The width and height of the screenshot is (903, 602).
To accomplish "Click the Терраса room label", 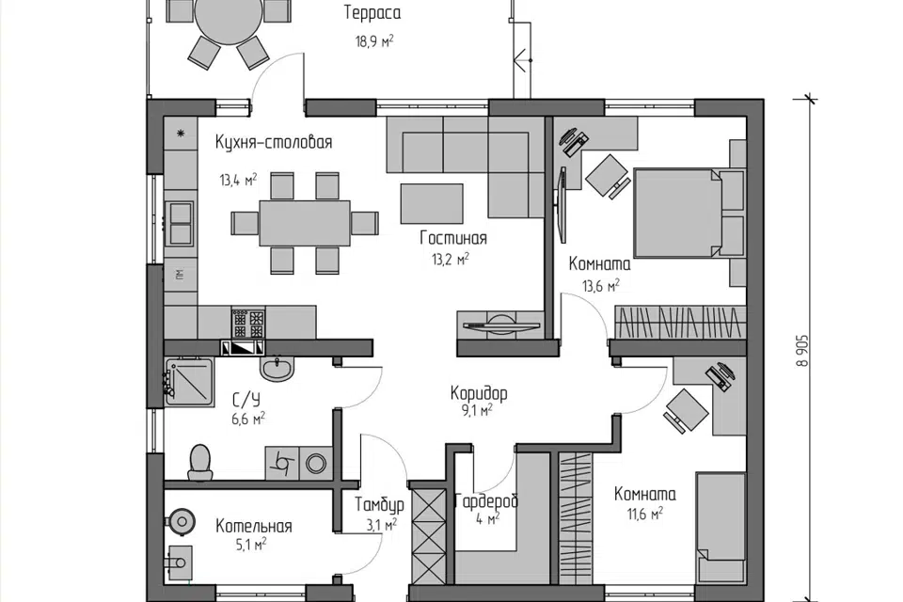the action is click(x=372, y=13).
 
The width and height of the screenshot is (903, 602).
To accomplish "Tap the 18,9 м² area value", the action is click(x=374, y=40).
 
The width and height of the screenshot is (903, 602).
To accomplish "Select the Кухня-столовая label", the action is click(x=274, y=142).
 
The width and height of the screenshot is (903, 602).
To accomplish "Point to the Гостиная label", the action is click(x=453, y=238).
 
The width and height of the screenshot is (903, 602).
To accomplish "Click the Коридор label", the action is click(x=479, y=393).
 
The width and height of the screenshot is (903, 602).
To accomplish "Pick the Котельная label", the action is click(x=254, y=526).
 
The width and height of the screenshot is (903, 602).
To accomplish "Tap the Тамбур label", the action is click(x=379, y=505).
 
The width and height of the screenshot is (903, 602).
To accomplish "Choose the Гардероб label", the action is click(x=486, y=501).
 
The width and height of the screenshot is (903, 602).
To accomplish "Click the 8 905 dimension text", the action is click(x=802, y=351).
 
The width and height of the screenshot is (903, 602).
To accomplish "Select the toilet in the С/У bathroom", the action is click(x=199, y=462).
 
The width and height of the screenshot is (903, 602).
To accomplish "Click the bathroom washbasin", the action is click(x=277, y=368).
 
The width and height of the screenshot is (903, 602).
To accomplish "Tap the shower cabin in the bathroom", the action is click(x=189, y=381).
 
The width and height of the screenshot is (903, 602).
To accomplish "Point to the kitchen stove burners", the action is click(x=248, y=324).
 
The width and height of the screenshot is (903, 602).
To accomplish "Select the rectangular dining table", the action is click(x=305, y=223).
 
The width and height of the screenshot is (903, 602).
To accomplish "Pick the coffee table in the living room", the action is click(x=432, y=203).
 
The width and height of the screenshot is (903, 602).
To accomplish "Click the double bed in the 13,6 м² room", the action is click(x=678, y=213).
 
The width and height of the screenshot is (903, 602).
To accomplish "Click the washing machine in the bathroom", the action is click(x=316, y=463).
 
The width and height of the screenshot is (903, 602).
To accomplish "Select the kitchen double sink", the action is click(x=181, y=224).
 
